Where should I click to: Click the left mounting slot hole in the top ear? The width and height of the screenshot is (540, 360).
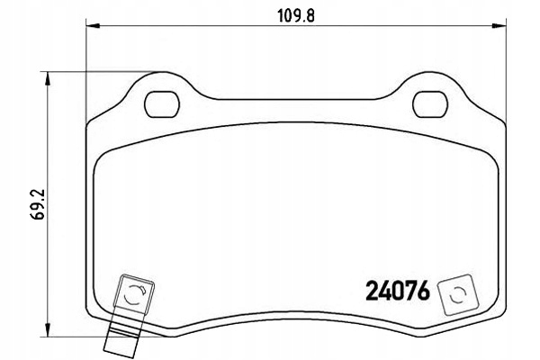tap(162, 103)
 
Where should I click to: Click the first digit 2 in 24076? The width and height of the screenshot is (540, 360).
tap(373, 293)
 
